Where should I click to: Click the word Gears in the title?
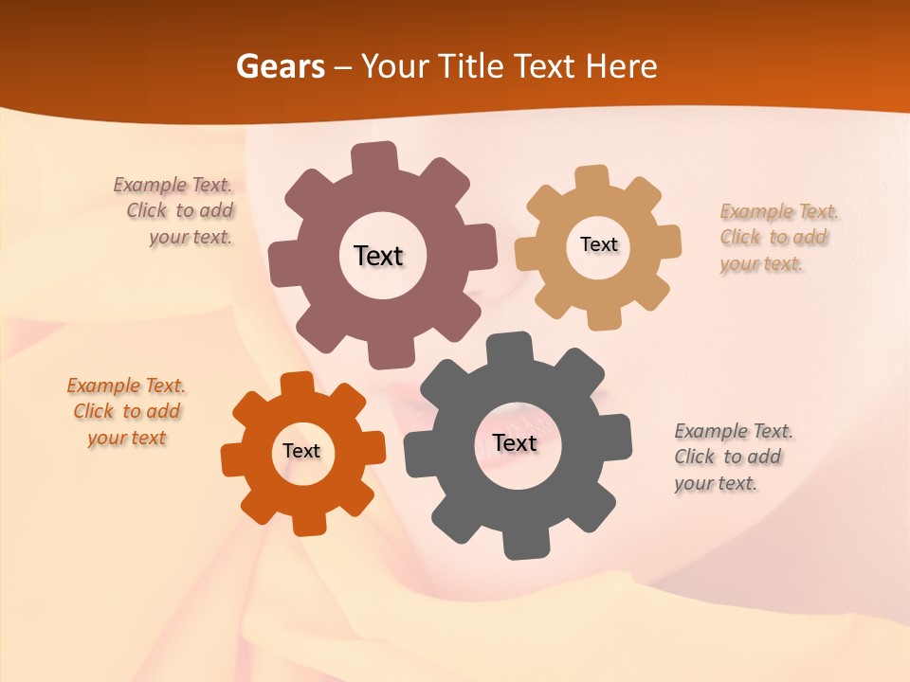pyautogui.click(x=280, y=66)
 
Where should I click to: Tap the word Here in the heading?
pyautogui.click(x=621, y=66)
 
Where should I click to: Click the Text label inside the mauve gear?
pyautogui.click(x=378, y=256)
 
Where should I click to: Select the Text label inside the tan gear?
pyautogui.click(x=598, y=244)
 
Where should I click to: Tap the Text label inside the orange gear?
pyautogui.click(x=301, y=451)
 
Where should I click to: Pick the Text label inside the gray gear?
pyautogui.click(x=515, y=442)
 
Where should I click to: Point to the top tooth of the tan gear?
pyautogui.click(x=591, y=178)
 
